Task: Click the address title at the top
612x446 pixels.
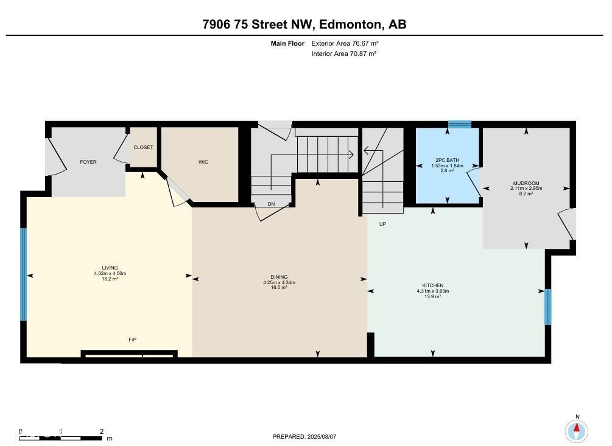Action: tap(304, 24)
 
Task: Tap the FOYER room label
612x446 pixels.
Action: tap(88, 162)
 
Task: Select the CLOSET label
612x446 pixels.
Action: tap(143, 147)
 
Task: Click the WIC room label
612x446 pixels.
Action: tap(203, 162)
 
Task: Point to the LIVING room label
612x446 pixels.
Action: tap(110, 268)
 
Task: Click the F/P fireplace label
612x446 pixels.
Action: tap(133, 340)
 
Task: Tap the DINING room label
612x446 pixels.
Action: tap(279, 277)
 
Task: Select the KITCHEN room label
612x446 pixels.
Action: tap(433, 285)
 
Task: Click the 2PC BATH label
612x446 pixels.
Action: tap(448, 160)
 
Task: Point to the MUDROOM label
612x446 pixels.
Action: tap(526, 183)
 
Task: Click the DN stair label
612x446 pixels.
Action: tap(271, 204)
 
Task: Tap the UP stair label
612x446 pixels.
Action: tap(383, 224)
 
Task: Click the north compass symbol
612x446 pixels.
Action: tap(577, 431)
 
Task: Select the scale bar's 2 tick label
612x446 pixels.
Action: tap(102, 431)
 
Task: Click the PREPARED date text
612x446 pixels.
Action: tap(304, 437)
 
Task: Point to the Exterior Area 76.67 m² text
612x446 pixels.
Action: tap(345, 43)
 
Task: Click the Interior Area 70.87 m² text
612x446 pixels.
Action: tap(344, 54)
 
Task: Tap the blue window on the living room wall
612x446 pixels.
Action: tap(23, 274)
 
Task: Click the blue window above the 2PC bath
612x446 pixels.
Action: tap(460, 125)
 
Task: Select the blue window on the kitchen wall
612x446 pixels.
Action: tap(548, 307)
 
